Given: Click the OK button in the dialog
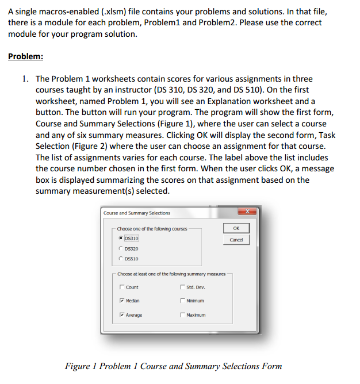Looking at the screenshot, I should coord(236,228).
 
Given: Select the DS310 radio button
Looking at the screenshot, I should coord(120,238).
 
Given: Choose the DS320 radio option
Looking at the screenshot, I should coord(120,248).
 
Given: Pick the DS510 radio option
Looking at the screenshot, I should coord(120,259).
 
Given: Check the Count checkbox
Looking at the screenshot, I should coord(121,287).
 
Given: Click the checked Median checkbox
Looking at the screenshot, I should coord(121,301).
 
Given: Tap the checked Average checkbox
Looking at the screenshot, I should coord(121,315).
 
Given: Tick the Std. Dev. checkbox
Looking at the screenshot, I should coord(182,287).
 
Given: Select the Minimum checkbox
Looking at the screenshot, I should coord(182,301).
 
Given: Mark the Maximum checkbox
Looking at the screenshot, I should coord(182,315).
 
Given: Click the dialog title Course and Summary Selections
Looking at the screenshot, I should coord(137,213).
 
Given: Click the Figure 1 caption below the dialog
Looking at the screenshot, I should coord(173,366).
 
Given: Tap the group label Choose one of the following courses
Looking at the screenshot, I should coord(152,229).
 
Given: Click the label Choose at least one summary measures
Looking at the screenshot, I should coord(171,274).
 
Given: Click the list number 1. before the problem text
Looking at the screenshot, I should coord(25,79).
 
